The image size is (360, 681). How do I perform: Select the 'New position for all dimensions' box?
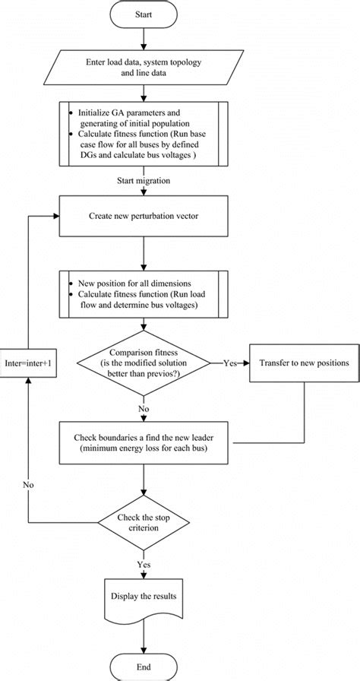143,291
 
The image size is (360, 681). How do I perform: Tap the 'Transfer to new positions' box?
304,363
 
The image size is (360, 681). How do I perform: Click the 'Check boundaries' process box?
143,443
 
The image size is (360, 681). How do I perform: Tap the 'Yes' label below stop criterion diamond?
143,565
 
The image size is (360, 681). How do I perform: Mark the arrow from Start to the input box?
143,40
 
